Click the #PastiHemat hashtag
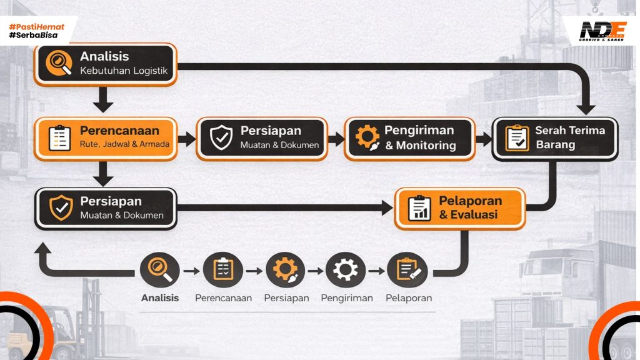[37, 27]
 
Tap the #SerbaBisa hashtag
[34, 36]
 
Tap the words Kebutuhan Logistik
[124, 71]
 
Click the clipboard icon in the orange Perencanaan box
[59, 138]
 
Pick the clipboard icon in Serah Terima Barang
[516, 138]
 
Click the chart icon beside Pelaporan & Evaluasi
[419, 208]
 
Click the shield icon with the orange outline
[60, 208]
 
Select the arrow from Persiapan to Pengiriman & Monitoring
[336, 139]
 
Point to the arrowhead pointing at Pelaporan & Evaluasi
[387, 209]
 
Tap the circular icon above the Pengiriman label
[345, 270]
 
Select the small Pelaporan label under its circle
[408, 298]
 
